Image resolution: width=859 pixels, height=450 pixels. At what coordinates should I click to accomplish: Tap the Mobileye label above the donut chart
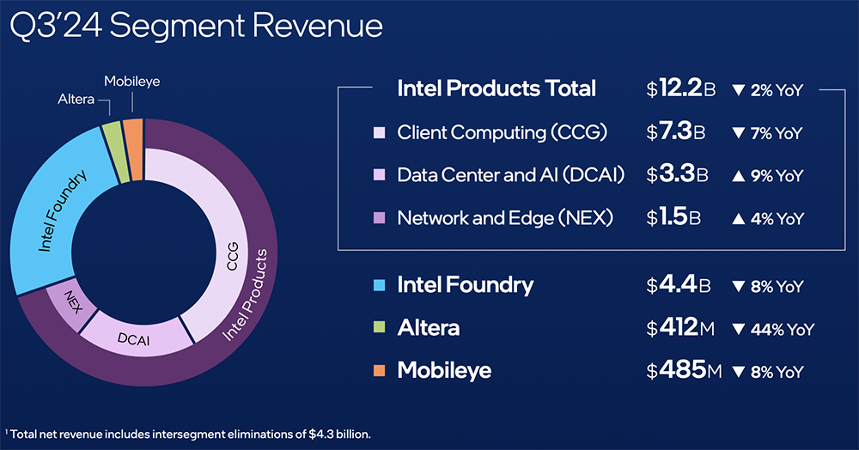(132, 82)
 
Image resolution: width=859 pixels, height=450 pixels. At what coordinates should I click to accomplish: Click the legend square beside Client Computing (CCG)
(379, 133)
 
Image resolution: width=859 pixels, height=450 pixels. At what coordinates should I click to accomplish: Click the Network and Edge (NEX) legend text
(505, 218)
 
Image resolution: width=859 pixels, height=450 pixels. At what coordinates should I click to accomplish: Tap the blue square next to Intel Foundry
(379, 285)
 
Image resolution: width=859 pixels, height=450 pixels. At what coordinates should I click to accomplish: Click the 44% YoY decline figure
(771, 328)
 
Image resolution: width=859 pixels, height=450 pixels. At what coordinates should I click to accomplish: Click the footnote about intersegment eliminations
(190, 433)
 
